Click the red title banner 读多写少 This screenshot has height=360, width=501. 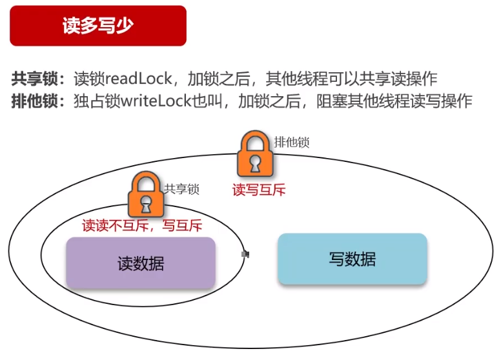(98, 26)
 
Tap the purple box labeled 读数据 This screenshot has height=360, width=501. (140, 263)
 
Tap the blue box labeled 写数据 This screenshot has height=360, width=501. (352, 259)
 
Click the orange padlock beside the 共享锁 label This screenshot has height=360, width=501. (145, 195)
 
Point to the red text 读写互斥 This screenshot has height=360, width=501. (259, 190)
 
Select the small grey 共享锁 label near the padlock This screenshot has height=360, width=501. (181, 189)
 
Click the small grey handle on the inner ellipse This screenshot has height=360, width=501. (245, 254)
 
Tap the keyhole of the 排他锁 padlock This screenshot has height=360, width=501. (254, 163)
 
